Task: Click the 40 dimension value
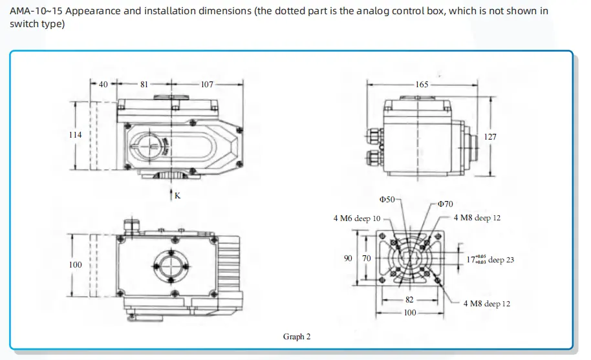pyautogui.click(x=103, y=83)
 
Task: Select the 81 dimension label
pyautogui.click(x=144, y=83)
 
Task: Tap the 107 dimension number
pyautogui.click(x=207, y=83)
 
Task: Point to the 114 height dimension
pyautogui.click(x=75, y=135)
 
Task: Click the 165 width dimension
pyautogui.click(x=422, y=84)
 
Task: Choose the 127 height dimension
pyautogui.click(x=490, y=136)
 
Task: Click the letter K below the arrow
pyautogui.click(x=177, y=195)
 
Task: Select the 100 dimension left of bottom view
pyautogui.click(x=76, y=264)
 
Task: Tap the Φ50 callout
pyautogui.click(x=387, y=200)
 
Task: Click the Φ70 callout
pyautogui.click(x=446, y=204)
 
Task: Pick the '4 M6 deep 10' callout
pyautogui.click(x=357, y=218)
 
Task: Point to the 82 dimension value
pyautogui.click(x=409, y=300)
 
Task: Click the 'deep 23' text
pyautogui.click(x=501, y=260)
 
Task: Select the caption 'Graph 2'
pyautogui.click(x=297, y=337)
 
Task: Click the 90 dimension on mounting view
pyautogui.click(x=347, y=259)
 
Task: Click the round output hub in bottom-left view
pyautogui.click(x=169, y=265)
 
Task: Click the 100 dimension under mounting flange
pyautogui.click(x=410, y=313)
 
